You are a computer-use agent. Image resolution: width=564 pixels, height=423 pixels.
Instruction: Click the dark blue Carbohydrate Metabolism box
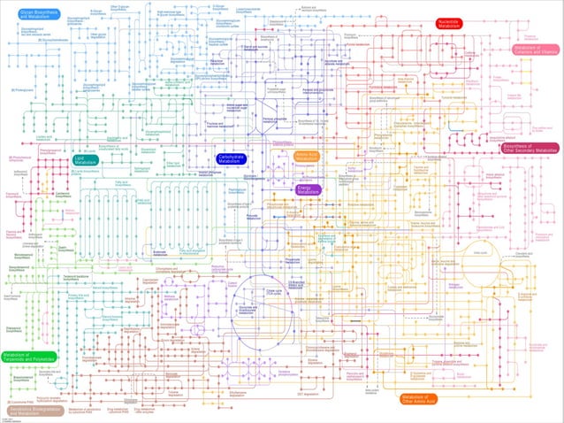coord(233,158)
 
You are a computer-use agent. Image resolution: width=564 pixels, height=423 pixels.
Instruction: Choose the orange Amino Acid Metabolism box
coord(307,156)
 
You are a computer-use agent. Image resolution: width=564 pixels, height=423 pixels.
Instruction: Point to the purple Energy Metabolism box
coord(309,188)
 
